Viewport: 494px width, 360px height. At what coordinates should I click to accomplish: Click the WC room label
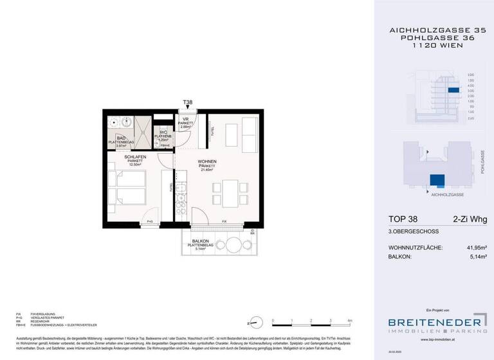coord(164,132)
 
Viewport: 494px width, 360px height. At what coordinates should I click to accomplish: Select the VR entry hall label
coord(185,120)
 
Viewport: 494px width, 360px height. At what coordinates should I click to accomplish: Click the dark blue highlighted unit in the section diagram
coord(453,91)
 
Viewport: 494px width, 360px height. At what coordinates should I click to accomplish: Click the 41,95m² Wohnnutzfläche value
coord(473,248)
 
